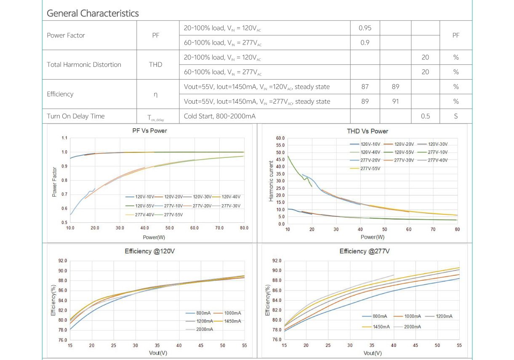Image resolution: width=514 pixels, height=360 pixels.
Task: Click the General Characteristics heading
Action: [x=93, y=13]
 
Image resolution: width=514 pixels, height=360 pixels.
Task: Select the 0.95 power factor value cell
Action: [x=365, y=28]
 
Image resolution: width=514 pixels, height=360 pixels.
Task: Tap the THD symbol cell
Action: [x=155, y=65]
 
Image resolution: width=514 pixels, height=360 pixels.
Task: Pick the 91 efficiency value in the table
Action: [x=395, y=101]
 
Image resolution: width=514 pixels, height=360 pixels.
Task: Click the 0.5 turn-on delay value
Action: [x=425, y=116]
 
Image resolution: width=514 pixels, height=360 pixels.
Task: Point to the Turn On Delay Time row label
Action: [x=76, y=116]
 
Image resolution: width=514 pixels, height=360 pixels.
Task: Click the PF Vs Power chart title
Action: [x=149, y=131]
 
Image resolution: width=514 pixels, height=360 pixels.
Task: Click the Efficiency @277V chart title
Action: [x=365, y=251]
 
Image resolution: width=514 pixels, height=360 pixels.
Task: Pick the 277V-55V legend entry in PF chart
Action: [x=173, y=215]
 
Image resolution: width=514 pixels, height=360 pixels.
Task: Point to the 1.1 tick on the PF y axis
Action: [x=64, y=138]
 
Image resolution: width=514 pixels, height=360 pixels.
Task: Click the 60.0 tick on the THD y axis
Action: [x=281, y=138]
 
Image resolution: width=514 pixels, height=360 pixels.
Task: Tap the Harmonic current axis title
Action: [x=271, y=181]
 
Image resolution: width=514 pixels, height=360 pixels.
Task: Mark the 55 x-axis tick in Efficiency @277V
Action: [x=459, y=345]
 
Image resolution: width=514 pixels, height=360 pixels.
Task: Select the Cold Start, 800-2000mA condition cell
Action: [x=220, y=116]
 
